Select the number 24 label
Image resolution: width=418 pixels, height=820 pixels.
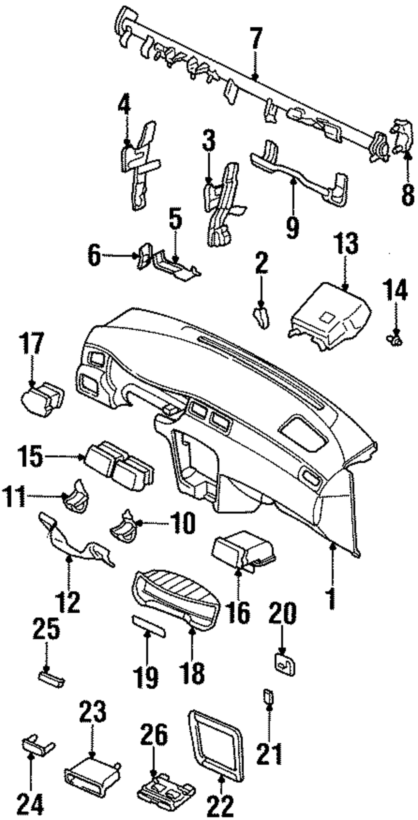tap(31, 804)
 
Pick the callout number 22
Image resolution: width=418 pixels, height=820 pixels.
tap(221, 804)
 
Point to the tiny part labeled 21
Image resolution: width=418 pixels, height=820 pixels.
tap(268, 696)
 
